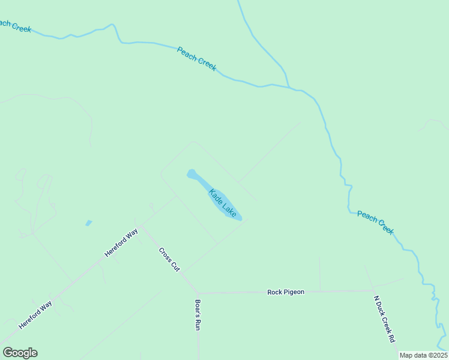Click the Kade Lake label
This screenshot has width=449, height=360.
coord(222,203)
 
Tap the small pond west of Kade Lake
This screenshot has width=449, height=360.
coord(89,223)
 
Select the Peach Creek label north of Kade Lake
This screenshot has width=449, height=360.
coord(196,59)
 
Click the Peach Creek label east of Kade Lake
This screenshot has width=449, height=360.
coord(375,221)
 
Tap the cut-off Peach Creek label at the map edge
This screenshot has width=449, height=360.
coord(13,25)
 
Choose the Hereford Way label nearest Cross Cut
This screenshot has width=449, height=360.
coord(121,242)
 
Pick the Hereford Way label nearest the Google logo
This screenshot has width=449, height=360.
coord(35,314)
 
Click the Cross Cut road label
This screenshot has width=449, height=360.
coord(169,259)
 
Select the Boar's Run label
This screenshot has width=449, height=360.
coord(197,315)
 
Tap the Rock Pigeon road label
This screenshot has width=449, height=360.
coord(286,292)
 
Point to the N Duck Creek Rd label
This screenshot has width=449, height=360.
coord(384,319)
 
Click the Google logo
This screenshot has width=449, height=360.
coord(20,353)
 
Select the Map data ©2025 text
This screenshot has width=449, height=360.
coord(423,355)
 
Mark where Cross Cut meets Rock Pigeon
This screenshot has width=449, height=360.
coord(197,293)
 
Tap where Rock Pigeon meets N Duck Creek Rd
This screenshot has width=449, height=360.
coord(372,291)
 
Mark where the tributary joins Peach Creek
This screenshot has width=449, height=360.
coord(291,88)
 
